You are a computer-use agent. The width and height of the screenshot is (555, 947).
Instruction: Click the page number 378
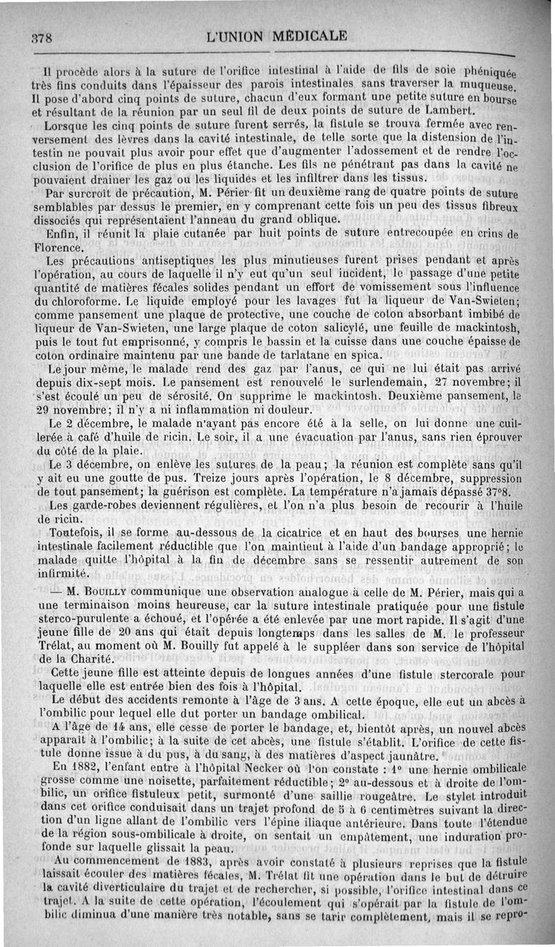[40, 39]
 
